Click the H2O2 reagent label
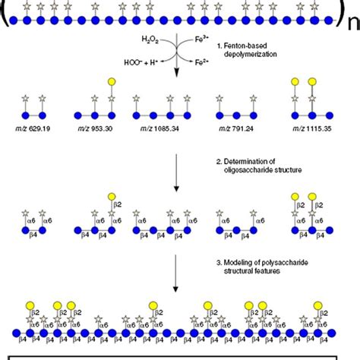coord(151,37)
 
